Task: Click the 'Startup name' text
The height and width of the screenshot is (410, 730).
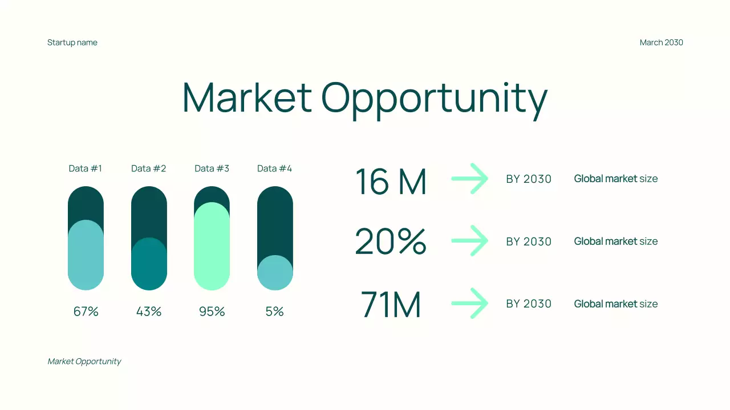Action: [72, 43]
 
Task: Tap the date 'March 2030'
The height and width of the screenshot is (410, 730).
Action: [661, 43]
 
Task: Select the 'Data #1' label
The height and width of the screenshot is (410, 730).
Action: [86, 169]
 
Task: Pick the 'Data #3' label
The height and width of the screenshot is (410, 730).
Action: [212, 169]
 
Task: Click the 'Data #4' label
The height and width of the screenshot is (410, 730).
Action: [274, 169]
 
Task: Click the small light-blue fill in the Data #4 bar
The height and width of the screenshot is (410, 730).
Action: [275, 273]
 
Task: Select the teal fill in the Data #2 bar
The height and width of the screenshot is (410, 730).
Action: [149, 264]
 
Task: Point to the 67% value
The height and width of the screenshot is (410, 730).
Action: [86, 311]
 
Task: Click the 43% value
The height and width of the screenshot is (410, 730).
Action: [149, 311]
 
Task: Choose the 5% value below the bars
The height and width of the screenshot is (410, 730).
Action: [274, 311]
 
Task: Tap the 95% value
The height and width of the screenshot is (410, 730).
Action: [212, 311]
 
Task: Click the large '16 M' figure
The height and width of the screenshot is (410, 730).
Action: [391, 182]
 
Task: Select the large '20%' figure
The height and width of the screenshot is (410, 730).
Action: [391, 242]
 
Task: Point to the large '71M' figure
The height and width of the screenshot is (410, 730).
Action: [391, 305]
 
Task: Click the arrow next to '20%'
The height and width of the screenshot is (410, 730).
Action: [470, 241]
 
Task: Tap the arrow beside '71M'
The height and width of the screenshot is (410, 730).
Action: [470, 304]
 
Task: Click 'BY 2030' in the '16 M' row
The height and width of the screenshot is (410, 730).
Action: [529, 179]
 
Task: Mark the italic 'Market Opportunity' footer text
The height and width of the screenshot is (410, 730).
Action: [84, 362]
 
